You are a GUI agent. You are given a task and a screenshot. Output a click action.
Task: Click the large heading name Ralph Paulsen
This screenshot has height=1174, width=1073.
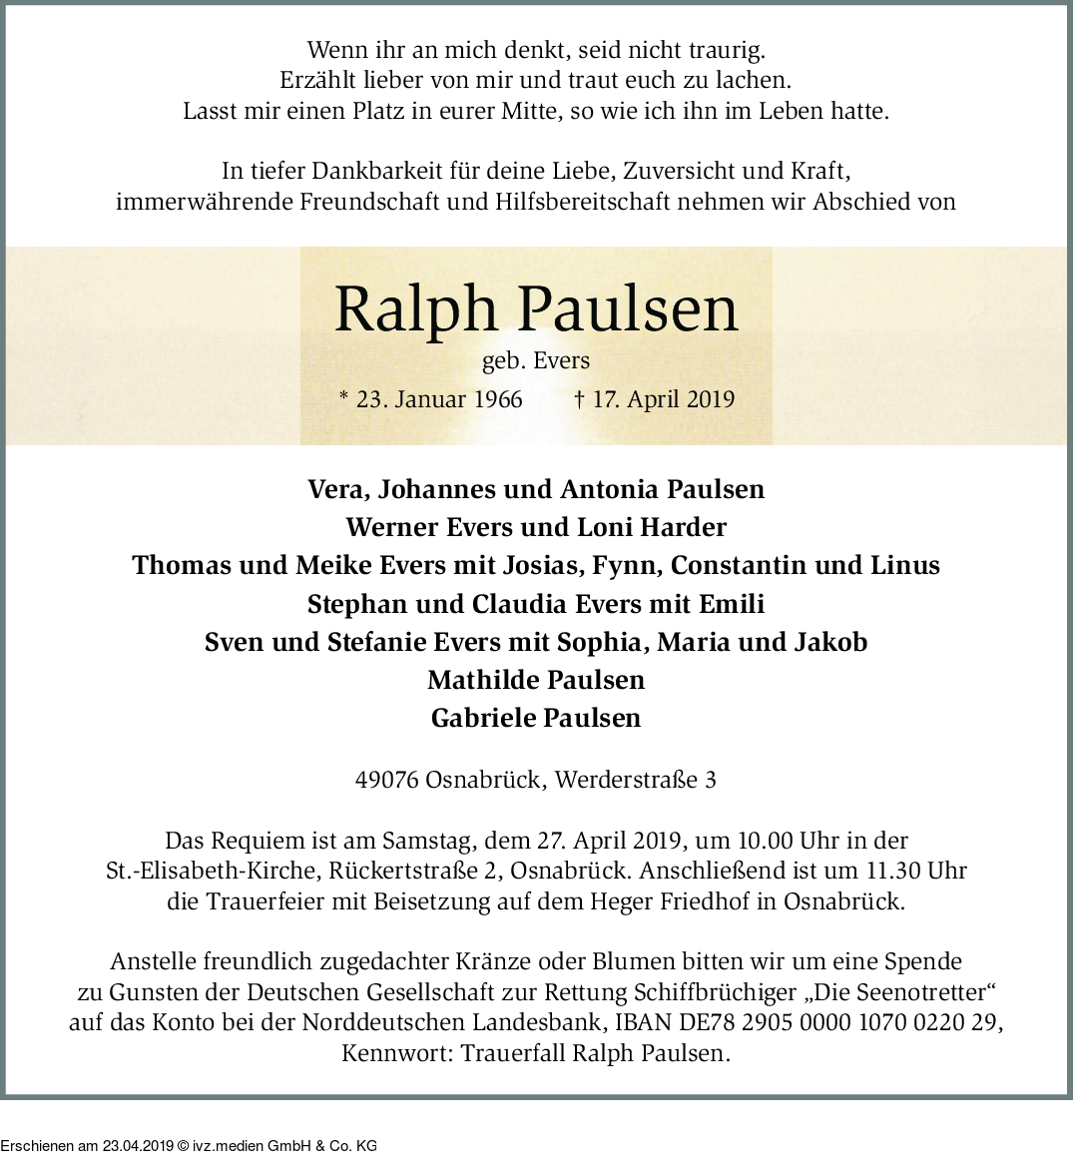[536, 309]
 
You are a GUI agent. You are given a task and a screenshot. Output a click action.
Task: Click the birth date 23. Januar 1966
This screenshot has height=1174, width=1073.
[438, 400]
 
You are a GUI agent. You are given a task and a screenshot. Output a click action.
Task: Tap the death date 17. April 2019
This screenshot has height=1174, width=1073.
[663, 400]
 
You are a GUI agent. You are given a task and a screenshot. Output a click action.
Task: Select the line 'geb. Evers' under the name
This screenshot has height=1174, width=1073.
[536, 361]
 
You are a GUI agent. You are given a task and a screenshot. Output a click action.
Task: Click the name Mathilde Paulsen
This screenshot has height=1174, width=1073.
[536, 680]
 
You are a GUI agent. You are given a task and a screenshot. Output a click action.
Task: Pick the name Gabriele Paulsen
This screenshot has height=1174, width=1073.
[536, 718]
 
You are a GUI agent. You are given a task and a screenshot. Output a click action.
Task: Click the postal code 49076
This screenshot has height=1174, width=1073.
[386, 780]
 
